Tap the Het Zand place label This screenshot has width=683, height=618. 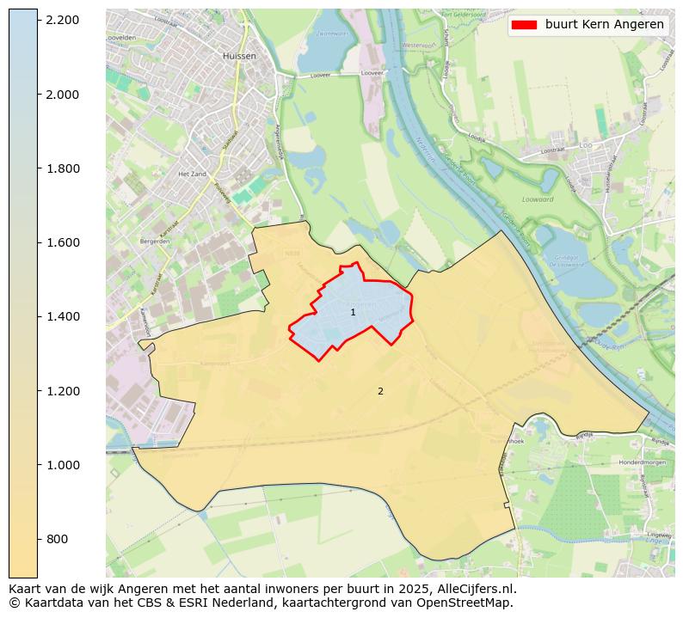tap(188, 174)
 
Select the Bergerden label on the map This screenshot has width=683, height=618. tap(155, 242)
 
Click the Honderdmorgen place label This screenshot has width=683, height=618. tap(643, 462)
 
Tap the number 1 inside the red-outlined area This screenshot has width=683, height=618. tap(353, 313)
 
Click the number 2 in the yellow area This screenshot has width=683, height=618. tap(380, 392)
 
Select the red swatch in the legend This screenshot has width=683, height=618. tap(524, 25)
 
